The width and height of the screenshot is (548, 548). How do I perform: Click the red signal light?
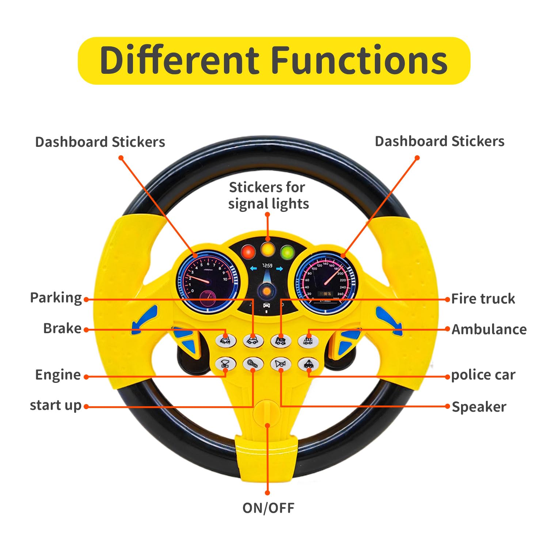(x=248, y=252)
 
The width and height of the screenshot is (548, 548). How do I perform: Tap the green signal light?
(x=288, y=252)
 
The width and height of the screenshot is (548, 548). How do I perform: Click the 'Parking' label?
(x=56, y=298)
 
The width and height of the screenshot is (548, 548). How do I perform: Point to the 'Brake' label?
(x=62, y=328)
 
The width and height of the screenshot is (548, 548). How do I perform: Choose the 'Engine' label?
(x=58, y=375)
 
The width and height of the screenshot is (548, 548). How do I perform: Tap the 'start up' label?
(x=56, y=405)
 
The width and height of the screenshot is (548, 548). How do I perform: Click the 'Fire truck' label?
(x=483, y=299)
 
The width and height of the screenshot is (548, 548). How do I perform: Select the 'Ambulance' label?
(x=489, y=330)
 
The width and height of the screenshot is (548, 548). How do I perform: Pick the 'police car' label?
(x=483, y=375)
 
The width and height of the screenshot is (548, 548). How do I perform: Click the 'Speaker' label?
(x=479, y=407)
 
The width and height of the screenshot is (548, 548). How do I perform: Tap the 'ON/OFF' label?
(x=268, y=508)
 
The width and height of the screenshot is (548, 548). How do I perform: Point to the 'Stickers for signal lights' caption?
(x=268, y=195)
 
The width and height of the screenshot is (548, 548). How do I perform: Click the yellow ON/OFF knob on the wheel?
(x=267, y=413)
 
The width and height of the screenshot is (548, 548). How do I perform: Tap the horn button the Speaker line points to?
(x=281, y=364)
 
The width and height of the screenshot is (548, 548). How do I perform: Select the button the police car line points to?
(x=308, y=364)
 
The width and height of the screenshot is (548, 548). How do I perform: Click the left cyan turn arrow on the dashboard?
(x=253, y=269)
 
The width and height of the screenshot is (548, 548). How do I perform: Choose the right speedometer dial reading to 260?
(x=326, y=281)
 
